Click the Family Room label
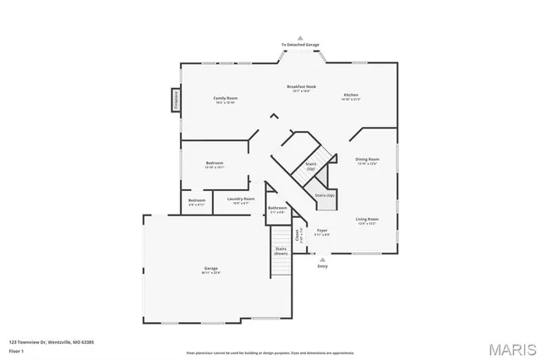click(225, 99)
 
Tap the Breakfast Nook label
click(301, 87)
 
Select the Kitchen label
click(351, 95)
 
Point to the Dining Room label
click(367, 160)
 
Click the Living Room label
click(367, 220)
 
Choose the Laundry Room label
click(241, 199)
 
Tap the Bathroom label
click(278, 208)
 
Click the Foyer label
click(322, 231)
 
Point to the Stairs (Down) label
click(281, 251)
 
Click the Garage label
click(210, 270)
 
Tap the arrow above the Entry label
click(322, 259)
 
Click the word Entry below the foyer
click(322, 267)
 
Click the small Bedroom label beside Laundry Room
click(196, 201)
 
